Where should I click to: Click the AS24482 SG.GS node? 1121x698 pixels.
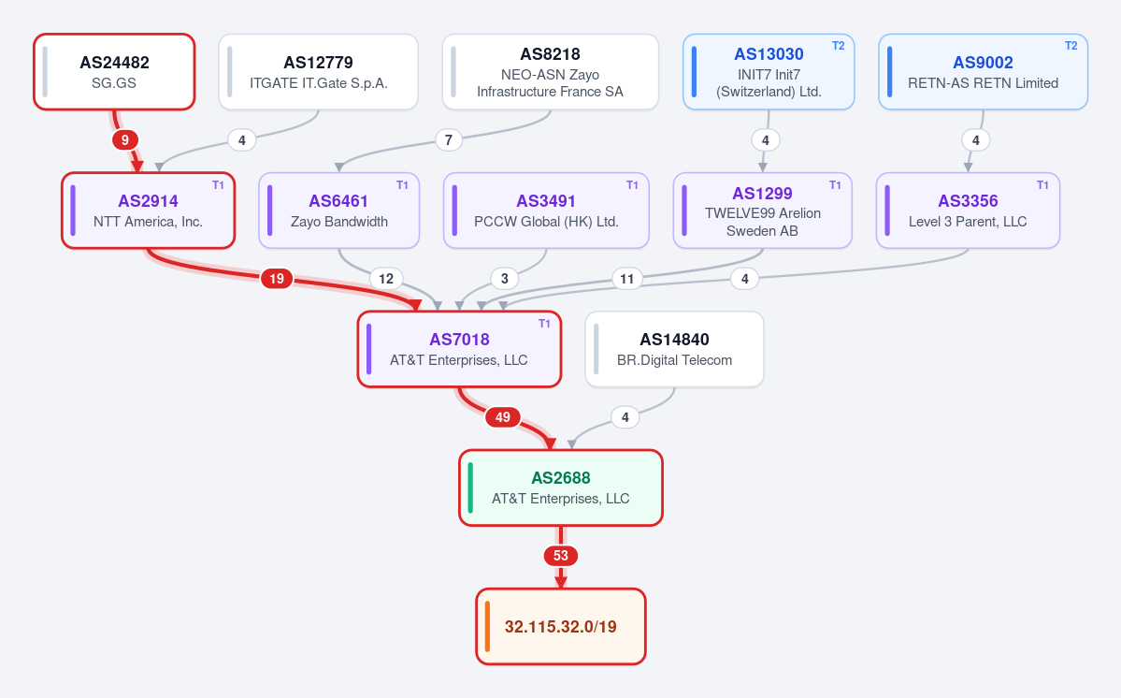(114, 72)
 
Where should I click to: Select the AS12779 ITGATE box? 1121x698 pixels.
(318, 72)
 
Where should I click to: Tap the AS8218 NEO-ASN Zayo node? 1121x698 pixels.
(551, 72)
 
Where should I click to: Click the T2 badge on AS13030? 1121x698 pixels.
(838, 46)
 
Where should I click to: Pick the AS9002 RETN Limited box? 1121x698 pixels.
(983, 72)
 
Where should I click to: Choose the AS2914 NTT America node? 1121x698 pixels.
(148, 211)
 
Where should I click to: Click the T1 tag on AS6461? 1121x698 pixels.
(403, 184)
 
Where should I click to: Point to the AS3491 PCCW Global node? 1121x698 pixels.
(546, 211)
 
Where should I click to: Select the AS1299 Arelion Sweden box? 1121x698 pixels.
(762, 211)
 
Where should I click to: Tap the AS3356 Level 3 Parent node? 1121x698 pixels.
(968, 211)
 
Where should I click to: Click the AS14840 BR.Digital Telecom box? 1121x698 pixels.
(674, 349)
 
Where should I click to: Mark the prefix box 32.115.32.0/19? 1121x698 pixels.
(561, 627)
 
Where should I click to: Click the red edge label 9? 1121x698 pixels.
(125, 140)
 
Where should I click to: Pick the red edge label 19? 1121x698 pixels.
(277, 278)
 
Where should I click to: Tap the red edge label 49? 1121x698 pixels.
(503, 417)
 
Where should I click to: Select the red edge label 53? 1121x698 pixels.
(561, 556)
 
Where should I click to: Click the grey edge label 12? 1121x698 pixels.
(386, 278)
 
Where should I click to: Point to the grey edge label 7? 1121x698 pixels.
(448, 140)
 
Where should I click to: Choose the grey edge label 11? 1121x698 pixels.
(627, 278)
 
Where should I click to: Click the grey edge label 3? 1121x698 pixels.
(505, 278)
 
